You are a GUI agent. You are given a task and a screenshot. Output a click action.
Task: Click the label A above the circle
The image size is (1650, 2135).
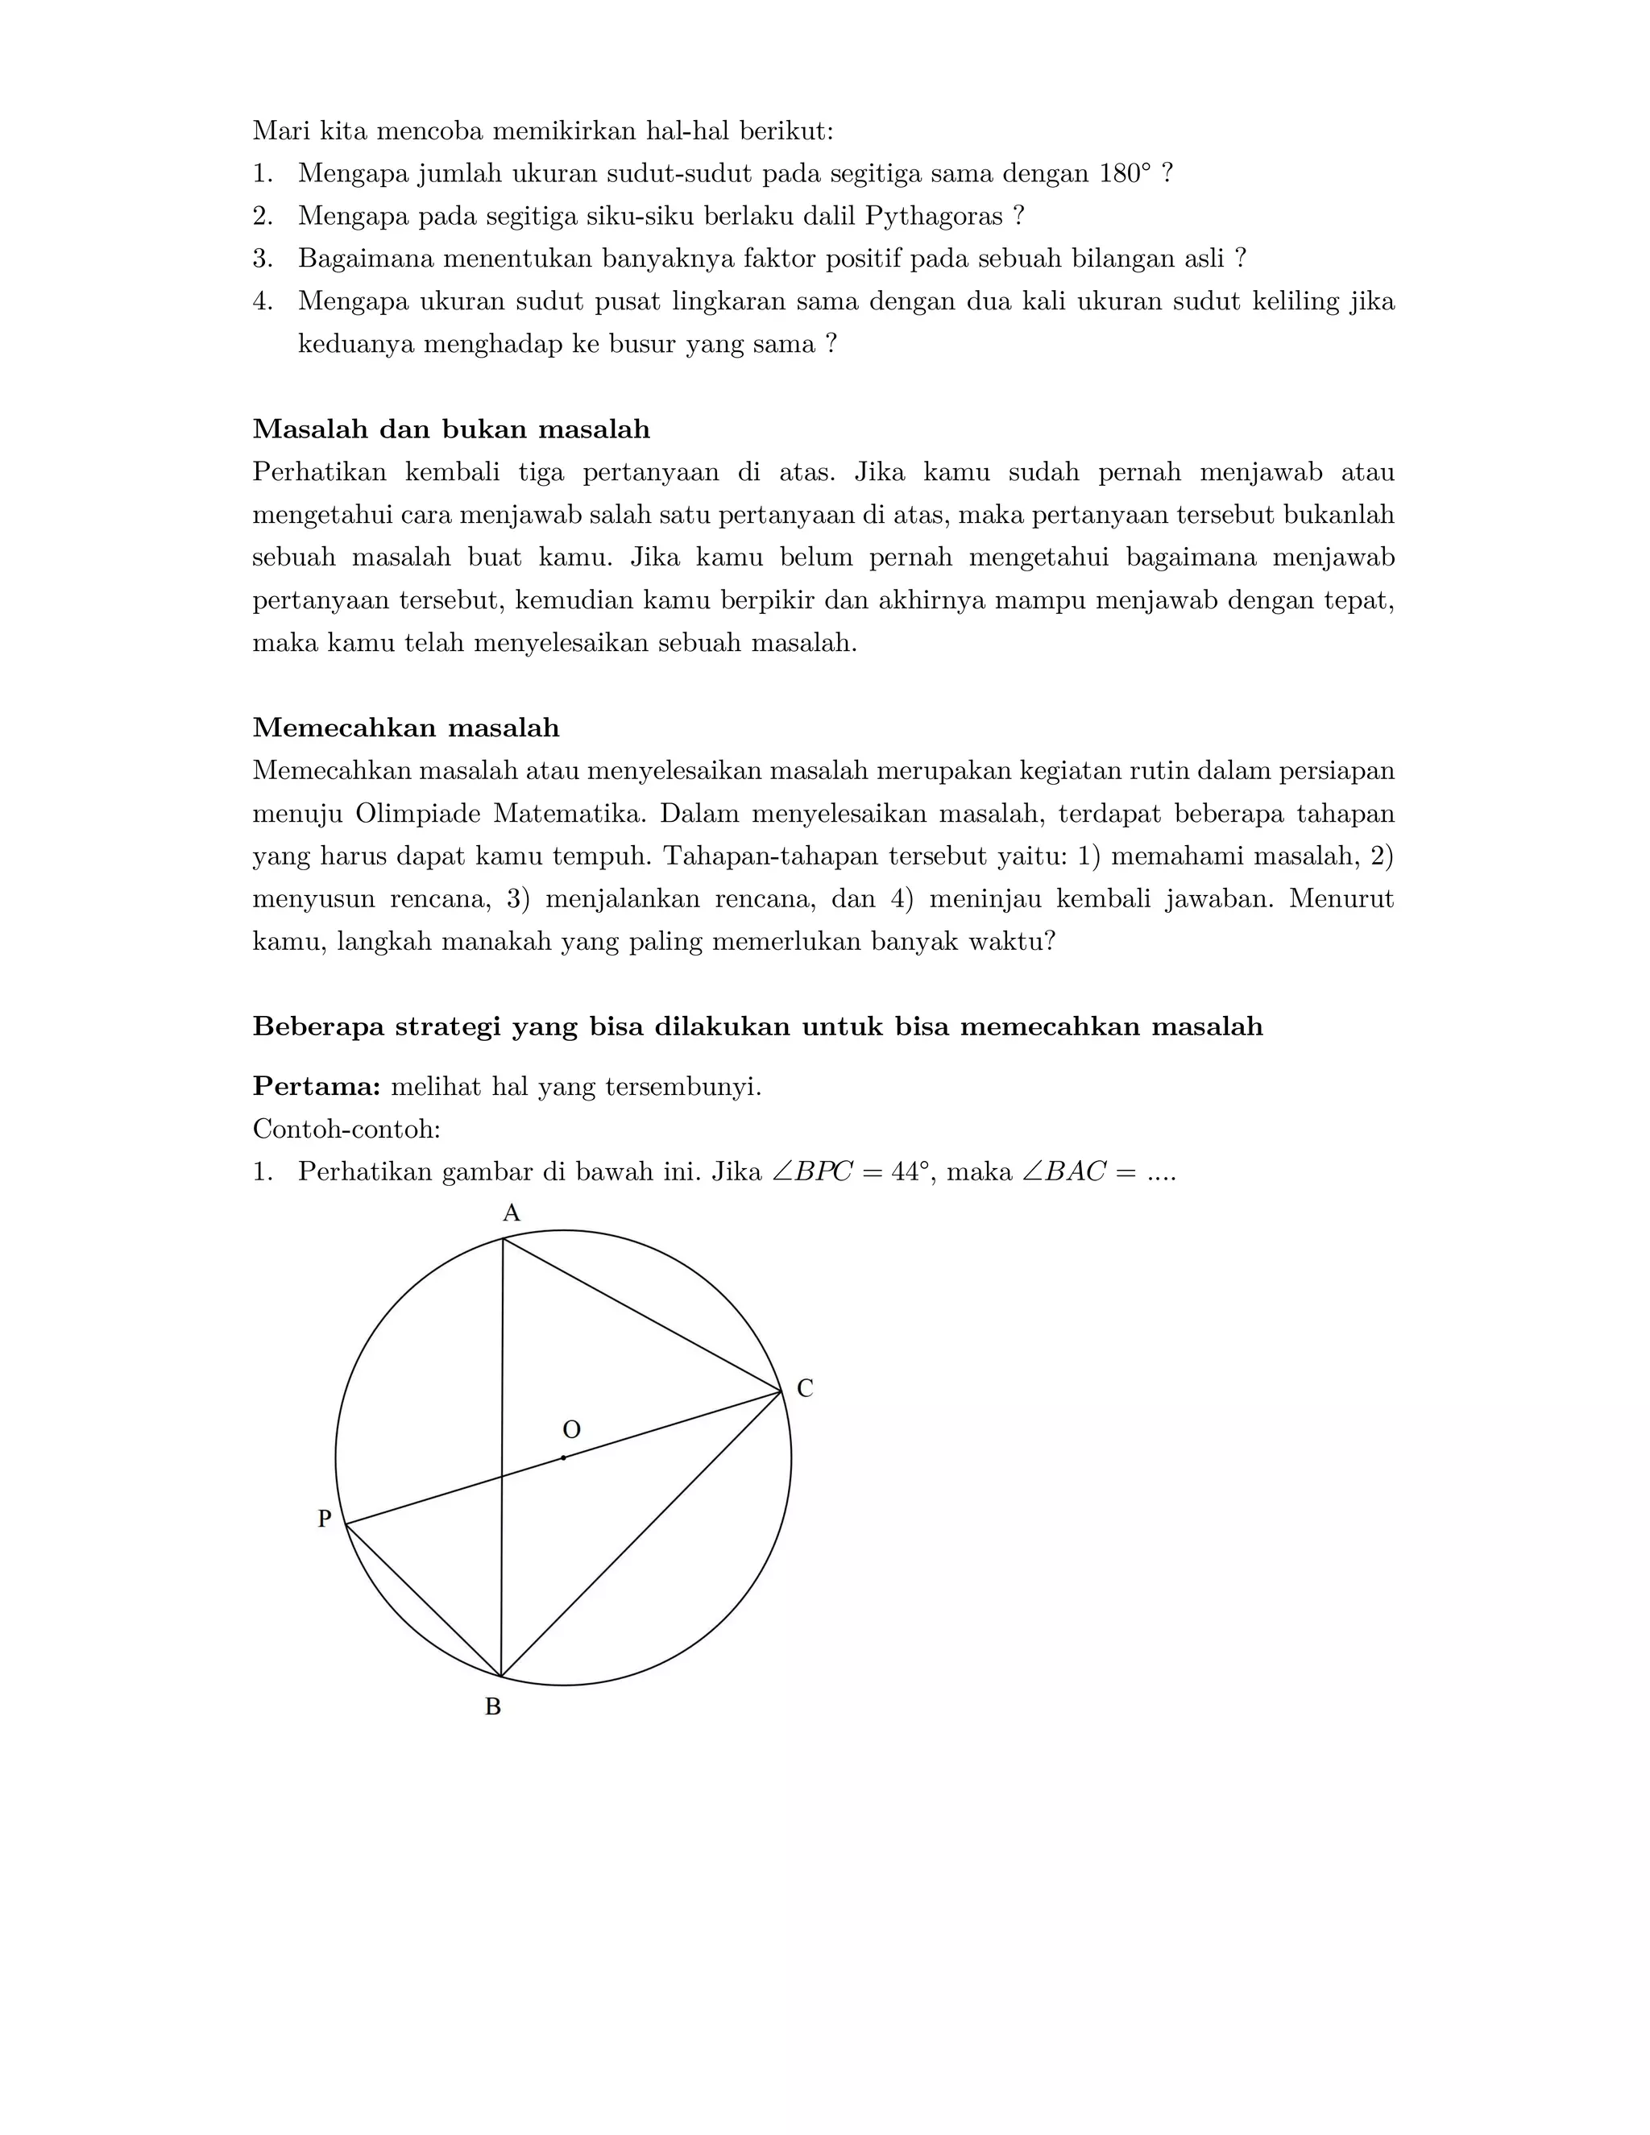click(512, 1213)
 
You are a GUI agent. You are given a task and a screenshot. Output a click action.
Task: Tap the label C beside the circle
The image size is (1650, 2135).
click(805, 1388)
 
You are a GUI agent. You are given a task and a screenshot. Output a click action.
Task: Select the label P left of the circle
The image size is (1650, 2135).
click(325, 1518)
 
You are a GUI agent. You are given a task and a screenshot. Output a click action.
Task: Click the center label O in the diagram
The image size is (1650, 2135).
click(571, 1430)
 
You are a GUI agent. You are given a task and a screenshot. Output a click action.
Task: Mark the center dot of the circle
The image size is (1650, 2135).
click(563, 1457)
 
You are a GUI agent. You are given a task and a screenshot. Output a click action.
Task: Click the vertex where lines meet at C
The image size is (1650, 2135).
click(781, 1390)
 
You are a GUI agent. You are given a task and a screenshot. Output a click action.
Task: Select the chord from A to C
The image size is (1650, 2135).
click(641, 1314)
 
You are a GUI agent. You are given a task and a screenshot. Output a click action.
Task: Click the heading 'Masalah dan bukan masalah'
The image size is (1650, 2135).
click(450, 429)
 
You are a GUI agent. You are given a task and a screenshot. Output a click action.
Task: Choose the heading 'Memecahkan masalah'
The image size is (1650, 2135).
click(406, 728)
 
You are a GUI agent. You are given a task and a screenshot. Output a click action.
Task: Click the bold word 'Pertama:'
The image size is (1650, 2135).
click(316, 1086)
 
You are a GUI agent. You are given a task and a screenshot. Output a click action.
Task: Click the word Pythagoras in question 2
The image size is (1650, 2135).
click(934, 216)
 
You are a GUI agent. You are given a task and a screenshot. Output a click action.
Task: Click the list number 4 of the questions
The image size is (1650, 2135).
click(261, 301)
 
